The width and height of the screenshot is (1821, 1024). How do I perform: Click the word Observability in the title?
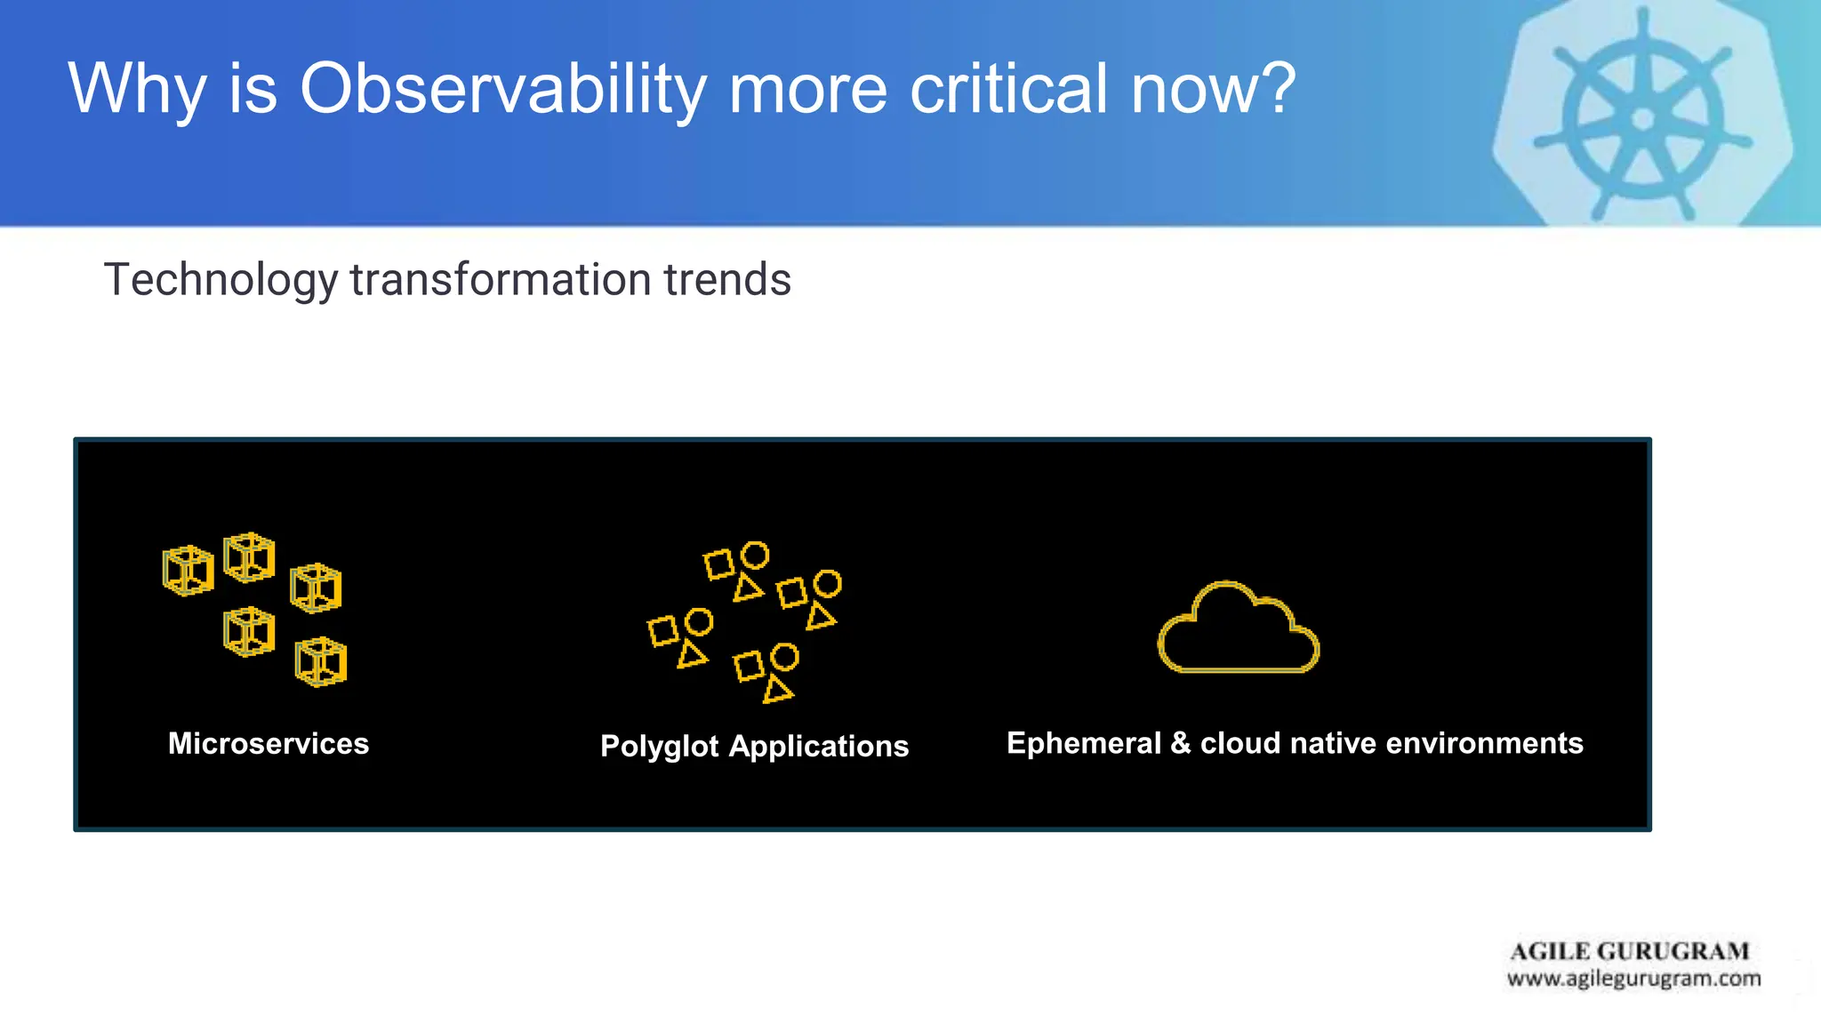503,89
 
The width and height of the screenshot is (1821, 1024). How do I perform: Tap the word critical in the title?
1009,89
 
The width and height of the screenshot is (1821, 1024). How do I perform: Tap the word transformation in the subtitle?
501,280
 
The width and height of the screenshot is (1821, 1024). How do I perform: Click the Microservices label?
269,743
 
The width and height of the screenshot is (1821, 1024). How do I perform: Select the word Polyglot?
659,747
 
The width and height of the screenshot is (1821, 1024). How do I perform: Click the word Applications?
819,747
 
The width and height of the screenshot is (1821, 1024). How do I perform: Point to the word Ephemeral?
1084,743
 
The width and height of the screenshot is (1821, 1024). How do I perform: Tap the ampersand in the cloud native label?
1180,743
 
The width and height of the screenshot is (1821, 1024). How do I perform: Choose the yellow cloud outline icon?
1239,628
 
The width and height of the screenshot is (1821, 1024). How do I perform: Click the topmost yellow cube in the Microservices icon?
249,557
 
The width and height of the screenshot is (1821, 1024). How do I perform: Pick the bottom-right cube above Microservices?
320,662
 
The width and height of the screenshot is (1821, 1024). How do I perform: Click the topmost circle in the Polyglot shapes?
755,556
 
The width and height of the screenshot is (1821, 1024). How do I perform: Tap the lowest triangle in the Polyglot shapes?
778,690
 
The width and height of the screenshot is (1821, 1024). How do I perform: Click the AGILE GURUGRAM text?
1630,952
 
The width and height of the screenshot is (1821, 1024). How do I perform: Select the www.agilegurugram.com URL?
1633,980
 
